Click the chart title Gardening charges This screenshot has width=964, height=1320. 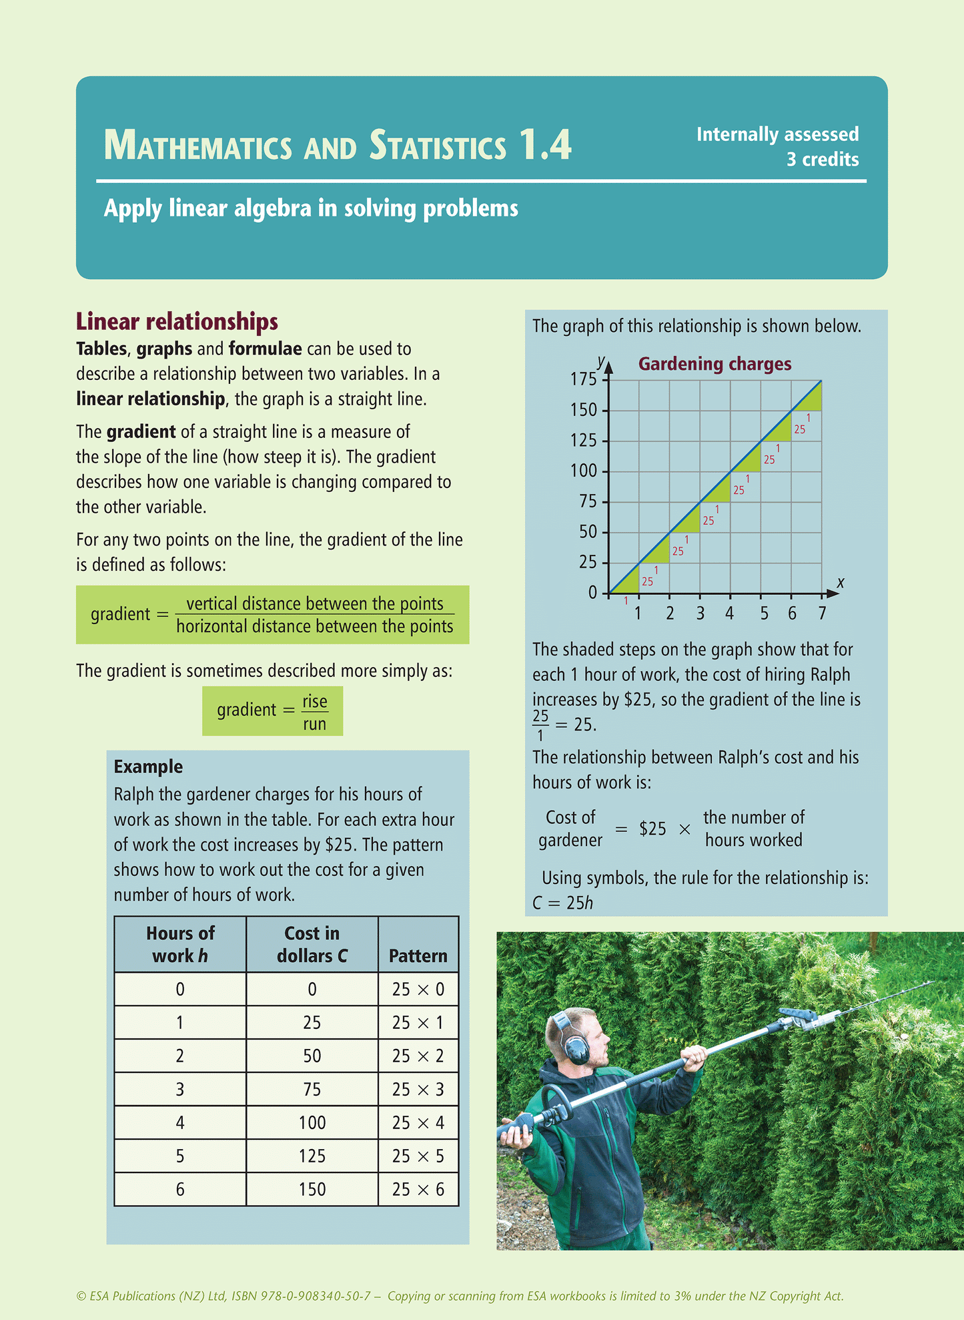714,364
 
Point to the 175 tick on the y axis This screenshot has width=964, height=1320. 584,379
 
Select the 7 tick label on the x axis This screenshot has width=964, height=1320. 822,613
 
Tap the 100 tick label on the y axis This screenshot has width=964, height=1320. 584,471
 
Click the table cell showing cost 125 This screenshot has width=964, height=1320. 312,1156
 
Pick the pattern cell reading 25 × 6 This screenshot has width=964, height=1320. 418,1189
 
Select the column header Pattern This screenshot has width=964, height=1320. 418,955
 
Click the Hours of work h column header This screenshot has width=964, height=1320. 180,944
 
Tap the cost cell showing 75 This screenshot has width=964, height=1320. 312,1089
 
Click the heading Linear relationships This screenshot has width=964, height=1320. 177,322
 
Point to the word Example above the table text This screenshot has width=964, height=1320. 148,766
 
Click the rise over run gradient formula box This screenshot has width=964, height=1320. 272,711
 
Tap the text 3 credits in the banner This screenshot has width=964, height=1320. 822,160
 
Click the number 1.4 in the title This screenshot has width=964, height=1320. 545,145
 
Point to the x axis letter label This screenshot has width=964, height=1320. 841,582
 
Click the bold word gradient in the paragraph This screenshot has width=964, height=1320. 141,432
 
